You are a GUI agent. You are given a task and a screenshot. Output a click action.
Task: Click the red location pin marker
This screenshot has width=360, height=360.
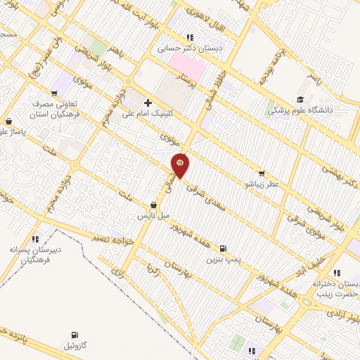pos(181,165)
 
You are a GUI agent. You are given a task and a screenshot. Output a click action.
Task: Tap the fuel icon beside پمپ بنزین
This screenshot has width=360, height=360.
pos(223,248)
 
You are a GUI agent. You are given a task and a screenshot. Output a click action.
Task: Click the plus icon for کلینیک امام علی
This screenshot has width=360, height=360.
pos(148,103)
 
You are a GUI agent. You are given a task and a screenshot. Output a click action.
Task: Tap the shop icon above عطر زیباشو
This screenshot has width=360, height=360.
pos(262,173)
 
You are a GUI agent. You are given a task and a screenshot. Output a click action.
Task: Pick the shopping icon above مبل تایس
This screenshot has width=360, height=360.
pos(153,205)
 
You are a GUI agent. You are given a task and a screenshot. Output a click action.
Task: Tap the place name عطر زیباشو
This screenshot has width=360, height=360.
pos(262,184)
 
